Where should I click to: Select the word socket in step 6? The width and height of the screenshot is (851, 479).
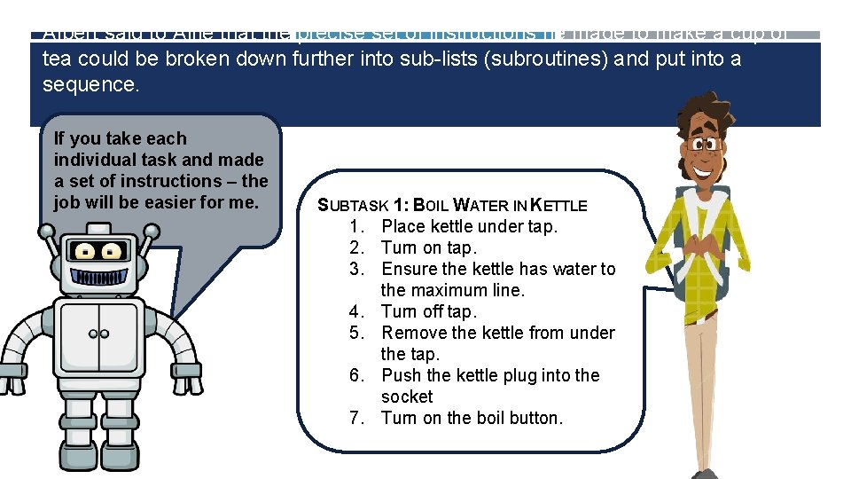click(407, 397)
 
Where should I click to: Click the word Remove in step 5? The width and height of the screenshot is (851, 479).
click(414, 333)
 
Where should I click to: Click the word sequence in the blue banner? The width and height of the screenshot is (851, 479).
click(90, 85)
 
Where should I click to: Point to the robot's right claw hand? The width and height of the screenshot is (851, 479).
click(188, 387)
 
